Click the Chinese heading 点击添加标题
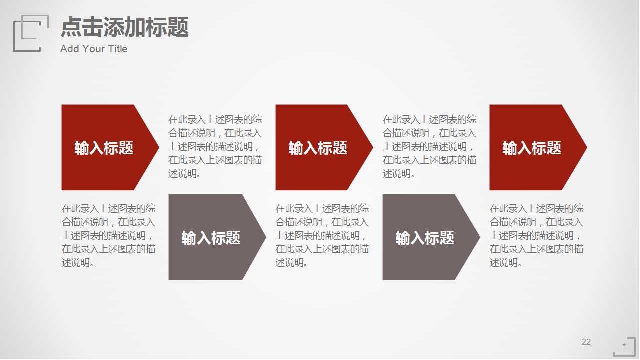[x=124, y=27]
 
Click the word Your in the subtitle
[x=92, y=49]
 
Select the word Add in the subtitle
[x=69, y=49]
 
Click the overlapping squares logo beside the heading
[x=30, y=33]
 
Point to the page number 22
[x=586, y=342]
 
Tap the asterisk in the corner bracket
[x=624, y=345]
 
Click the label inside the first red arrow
[x=104, y=148]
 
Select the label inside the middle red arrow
[x=318, y=148]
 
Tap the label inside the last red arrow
[x=532, y=148]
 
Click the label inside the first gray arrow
[x=211, y=238]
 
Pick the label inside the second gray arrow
[x=425, y=238]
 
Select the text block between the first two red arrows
[x=215, y=146]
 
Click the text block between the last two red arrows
[x=429, y=146]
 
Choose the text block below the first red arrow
[x=108, y=235]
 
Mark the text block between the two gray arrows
[x=322, y=235]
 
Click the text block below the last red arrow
[x=536, y=235]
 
